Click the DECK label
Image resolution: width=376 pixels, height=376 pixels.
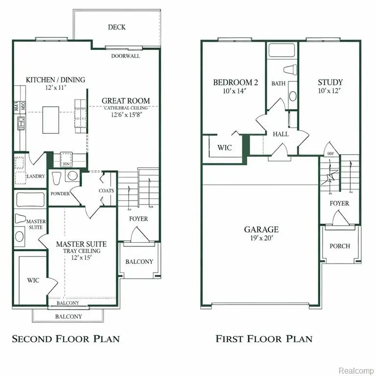pyautogui.click(x=117, y=27)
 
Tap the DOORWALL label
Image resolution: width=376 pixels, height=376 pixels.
pyautogui.click(x=126, y=56)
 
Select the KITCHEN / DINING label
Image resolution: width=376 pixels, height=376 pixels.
pyautogui.click(x=55, y=80)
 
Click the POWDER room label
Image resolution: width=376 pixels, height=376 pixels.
pyautogui.click(x=60, y=193)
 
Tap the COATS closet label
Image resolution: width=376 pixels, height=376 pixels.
pyautogui.click(x=106, y=191)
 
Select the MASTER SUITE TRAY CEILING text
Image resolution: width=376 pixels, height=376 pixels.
pyautogui.click(x=81, y=251)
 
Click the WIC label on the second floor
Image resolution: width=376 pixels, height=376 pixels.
pyautogui.click(x=33, y=281)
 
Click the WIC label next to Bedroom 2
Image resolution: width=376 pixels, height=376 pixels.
pyautogui.click(x=225, y=147)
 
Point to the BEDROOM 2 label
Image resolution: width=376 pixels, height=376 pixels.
pyautogui.click(x=235, y=82)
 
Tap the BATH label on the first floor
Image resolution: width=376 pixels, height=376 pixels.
pyautogui.click(x=278, y=84)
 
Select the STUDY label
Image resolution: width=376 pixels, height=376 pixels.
pyautogui.click(x=330, y=82)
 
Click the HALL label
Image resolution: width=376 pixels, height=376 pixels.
pyautogui.click(x=281, y=134)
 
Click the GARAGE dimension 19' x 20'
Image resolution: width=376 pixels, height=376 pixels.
pyautogui.click(x=261, y=239)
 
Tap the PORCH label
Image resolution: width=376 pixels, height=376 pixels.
pyautogui.click(x=339, y=246)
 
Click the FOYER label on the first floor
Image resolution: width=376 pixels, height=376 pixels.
pyautogui.click(x=339, y=203)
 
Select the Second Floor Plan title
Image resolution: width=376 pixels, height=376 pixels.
pyautogui.click(x=66, y=339)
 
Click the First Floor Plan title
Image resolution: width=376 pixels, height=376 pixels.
pyautogui.click(x=264, y=339)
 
